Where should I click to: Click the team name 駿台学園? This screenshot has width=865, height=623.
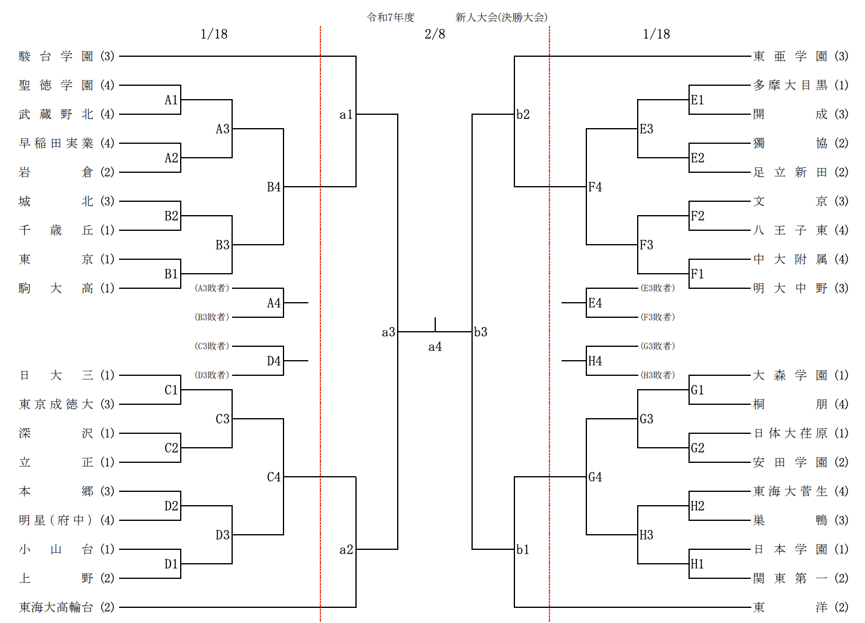pyautogui.click(x=56, y=56)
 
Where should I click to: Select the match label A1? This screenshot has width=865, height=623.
pyautogui.click(x=171, y=100)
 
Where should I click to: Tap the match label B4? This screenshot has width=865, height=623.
pyautogui.click(x=274, y=187)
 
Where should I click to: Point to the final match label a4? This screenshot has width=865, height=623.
pyautogui.click(x=435, y=347)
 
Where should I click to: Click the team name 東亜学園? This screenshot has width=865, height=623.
pyautogui.click(x=790, y=56)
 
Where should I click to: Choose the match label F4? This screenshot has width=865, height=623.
pyautogui.click(x=595, y=187)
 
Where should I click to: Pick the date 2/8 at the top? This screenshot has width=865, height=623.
pyautogui.click(x=435, y=34)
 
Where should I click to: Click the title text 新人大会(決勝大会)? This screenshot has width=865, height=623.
pyautogui.click(x=501, y=18)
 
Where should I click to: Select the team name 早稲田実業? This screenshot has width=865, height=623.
pyautogui.click(x=56, y=143)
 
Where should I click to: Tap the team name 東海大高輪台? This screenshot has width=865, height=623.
pyautogui.click(x=56, y=607)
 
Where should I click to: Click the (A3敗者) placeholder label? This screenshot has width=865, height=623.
pyautogui.click(x=212, y=288)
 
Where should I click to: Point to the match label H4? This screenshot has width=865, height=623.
pyautogui.click(x=595, y=361)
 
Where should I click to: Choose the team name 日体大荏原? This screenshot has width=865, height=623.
pyautogui.click(x=790, y=433)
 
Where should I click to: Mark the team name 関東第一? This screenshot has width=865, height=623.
pyautogui.click(x=790, y=578)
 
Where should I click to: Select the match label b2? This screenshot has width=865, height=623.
pyautogui.click(x=523, y=114)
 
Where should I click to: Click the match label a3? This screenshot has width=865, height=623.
pyautogui.click(x=388, y=332)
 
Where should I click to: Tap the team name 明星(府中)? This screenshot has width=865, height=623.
pyautogui.click(x=56, y=520)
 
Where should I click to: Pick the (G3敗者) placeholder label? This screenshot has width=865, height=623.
pyautogui.click(x=658, y=346)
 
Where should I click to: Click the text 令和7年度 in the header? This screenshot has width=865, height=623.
pyautogui.click(x=390, y=18)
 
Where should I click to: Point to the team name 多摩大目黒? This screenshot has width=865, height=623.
pyautogui.click(x=790, y=85)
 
